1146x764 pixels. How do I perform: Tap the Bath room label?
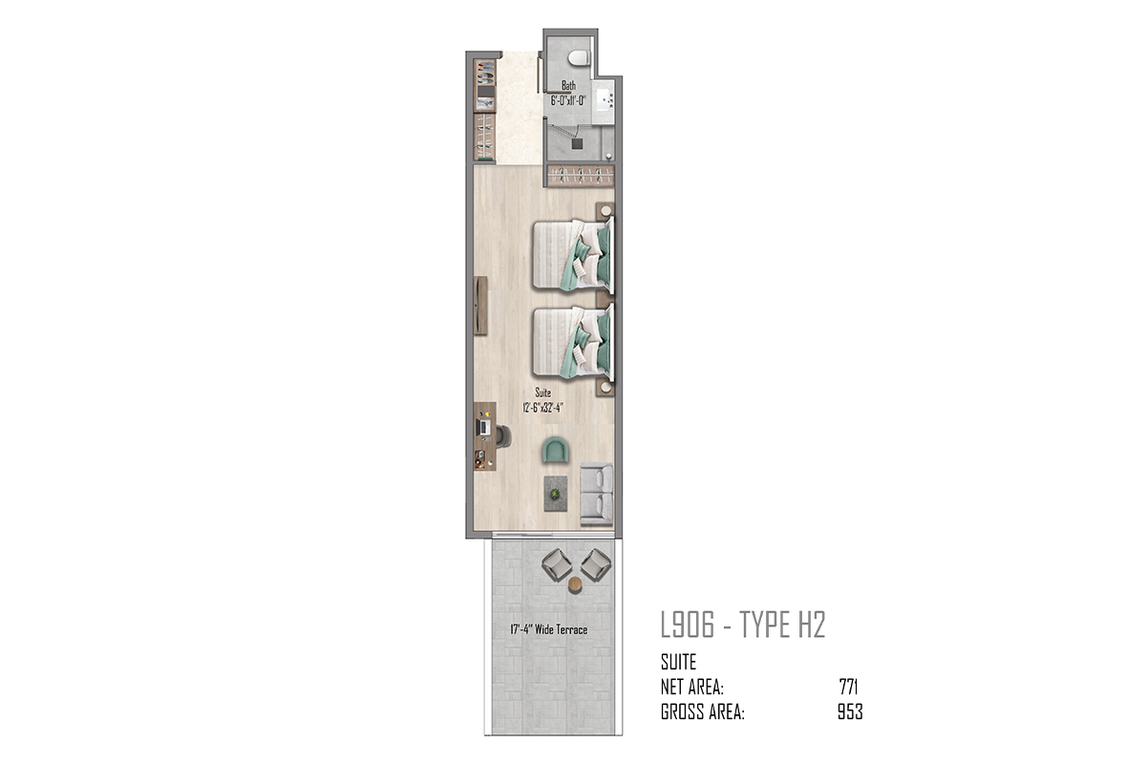pos(568,85)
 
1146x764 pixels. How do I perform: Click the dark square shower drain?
pos(577,144)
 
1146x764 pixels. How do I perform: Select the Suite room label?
pos(542,393)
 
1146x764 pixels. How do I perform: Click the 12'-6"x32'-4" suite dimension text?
pos(542,408)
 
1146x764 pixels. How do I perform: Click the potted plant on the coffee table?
pos(555,495)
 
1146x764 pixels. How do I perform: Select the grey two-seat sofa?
pos(597,495)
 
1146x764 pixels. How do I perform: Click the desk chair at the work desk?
pos(503,436)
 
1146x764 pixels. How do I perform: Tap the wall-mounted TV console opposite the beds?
pos(480,306)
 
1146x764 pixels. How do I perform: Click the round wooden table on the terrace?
pos(576,584)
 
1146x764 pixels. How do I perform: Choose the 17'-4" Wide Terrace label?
pos(549,629)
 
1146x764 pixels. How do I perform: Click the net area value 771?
pos(849,687)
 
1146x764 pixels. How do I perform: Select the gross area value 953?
pos(850,711)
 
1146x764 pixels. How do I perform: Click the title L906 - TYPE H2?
pos(743,625)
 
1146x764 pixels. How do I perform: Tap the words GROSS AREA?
pos(703,711)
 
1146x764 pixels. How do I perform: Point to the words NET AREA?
pos(692,687)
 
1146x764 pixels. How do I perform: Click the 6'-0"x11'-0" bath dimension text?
pos(568,101)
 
